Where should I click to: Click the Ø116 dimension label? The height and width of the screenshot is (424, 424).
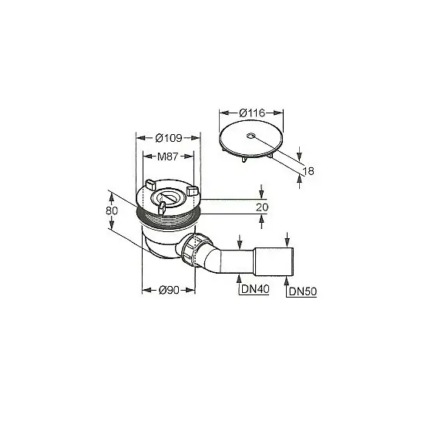point(252,113)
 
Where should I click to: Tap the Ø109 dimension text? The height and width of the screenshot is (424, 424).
point(169,138)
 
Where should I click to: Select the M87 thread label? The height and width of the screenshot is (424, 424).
point(167,156)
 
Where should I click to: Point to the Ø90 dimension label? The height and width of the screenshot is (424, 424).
point(169,290)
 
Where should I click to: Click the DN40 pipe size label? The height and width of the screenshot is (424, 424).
point(255,289)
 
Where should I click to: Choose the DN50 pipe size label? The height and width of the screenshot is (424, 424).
point(303,291)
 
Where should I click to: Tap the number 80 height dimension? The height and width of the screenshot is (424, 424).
point(112,210)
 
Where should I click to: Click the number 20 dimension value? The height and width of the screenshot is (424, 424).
point(262,207)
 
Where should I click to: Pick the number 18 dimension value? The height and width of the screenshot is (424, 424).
point(308,171)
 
